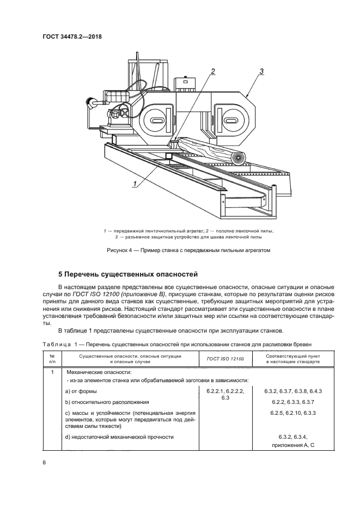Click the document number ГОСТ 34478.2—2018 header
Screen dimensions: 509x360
pos(72,36)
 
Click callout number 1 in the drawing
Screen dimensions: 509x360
pos(133,184)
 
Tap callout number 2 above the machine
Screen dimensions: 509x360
pos(213,71)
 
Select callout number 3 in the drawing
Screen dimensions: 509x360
pos(261,71)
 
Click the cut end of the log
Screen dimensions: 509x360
pos(237,157)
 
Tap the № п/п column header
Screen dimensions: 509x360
pos(52,359)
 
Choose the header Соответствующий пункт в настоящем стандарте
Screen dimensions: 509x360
pos(289,359)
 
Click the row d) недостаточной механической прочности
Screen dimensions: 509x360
pos(119,437)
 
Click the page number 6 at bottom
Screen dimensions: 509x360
pos(44,462)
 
